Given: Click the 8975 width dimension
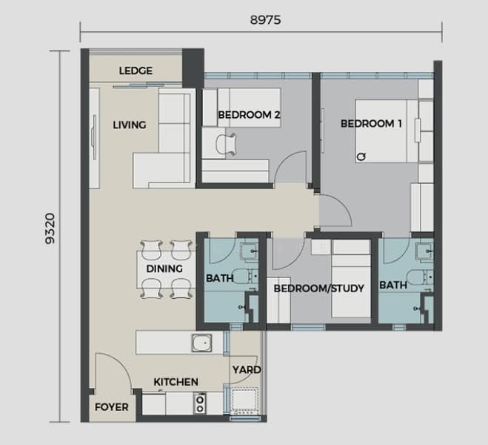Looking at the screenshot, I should coord(262,21).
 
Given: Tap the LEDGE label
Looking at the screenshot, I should coord(136,71).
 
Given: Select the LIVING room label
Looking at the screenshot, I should coord(129,125).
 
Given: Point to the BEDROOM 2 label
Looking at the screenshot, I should coord(248,115).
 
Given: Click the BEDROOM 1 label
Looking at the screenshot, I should coord(370,124).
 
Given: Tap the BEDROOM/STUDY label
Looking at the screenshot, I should coord(318,289).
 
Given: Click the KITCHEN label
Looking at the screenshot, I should coord(176,382).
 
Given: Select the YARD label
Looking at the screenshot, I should coord(246,369).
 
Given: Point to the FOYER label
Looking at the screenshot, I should coord(111,407).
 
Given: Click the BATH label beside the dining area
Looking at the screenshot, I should coord(219,278).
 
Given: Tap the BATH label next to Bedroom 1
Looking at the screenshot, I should coord(392,285).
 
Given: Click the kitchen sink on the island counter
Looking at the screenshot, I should coord(202,343).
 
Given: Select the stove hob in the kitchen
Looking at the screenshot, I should coord(199,403).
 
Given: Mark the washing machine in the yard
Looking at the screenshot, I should coord(244,402).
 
